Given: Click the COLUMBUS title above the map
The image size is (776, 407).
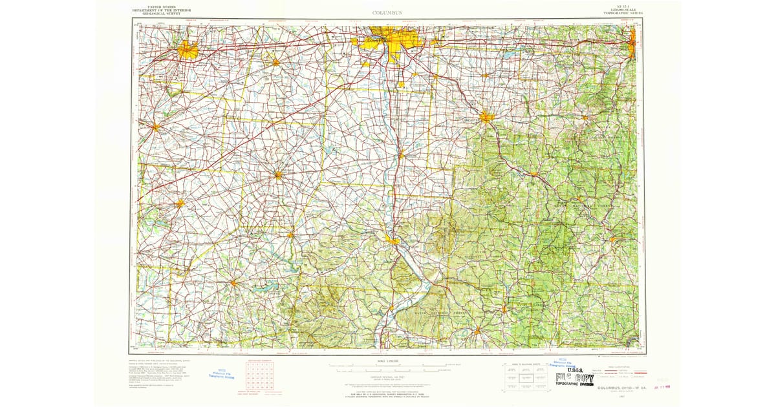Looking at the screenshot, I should pyautogui.click(x=387, y=12).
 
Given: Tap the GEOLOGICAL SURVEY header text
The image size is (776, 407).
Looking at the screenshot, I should pyautogui.click(x=156, y=14).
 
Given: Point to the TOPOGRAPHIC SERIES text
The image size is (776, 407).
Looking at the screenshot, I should pyautogui.click(x=618, y=14).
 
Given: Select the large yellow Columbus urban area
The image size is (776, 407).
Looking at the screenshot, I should pyautogui.click(x=388, y=41).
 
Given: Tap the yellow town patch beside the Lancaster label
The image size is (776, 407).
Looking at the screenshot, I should pyautogui.click(x=486, y=117).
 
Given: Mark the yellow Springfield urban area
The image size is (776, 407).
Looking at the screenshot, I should pyautogui.click(x=188, y=49).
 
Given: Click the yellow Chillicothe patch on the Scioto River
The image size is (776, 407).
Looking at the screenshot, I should pyautogui.click(x=393, y=241).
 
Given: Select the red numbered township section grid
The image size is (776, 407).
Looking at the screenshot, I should pyautogui.click(x=259, y=376).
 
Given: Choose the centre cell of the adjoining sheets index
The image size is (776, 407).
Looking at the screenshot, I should pyautogui.click(x=524, y=377).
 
